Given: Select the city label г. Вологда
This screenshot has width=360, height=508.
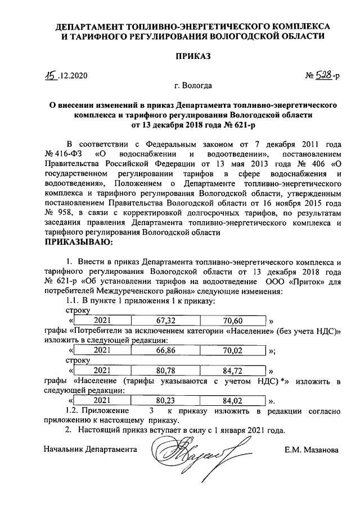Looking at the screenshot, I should click(193, 86).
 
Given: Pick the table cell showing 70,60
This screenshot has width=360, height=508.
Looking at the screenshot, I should click(232, 321).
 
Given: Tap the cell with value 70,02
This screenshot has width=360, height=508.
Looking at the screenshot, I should click(232, 350).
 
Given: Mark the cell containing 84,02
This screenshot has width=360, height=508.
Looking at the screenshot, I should click(232, 401).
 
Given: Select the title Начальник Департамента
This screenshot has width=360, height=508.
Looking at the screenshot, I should click(90, 450).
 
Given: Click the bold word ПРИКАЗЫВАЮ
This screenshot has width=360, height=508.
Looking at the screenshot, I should click(78, 242).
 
